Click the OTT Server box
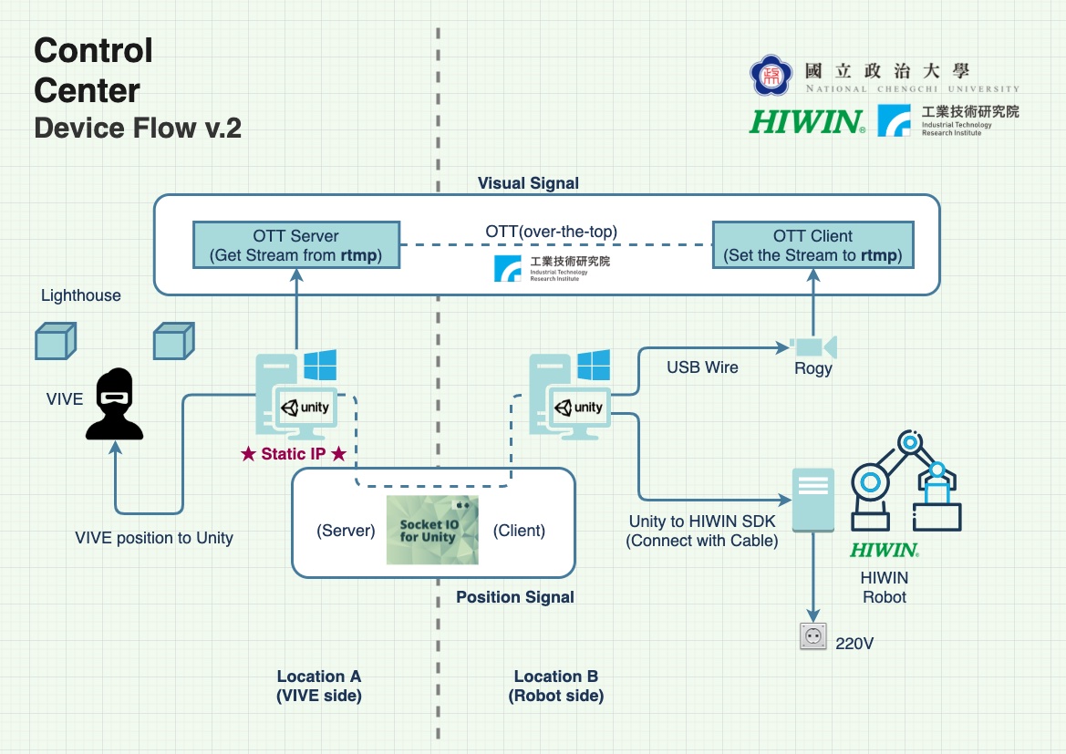[296, 244]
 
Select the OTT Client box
[812, 244]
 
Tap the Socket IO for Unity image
[432, 530]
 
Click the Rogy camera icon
[813, 346]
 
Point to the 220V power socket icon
[812, 635]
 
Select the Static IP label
[293, 454]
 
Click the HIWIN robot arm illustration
[906, 482]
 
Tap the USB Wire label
[702, 367]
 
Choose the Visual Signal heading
[528, 183]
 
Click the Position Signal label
[515, 597]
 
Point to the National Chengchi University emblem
[771, 77]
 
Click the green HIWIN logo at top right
[807, 121]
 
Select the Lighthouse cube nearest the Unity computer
[173, 341]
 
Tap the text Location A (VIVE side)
[319, 686]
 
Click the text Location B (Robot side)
[556, 686]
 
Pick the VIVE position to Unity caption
[154, 538]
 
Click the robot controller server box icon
[812, 500]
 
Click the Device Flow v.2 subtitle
[138, 128]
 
